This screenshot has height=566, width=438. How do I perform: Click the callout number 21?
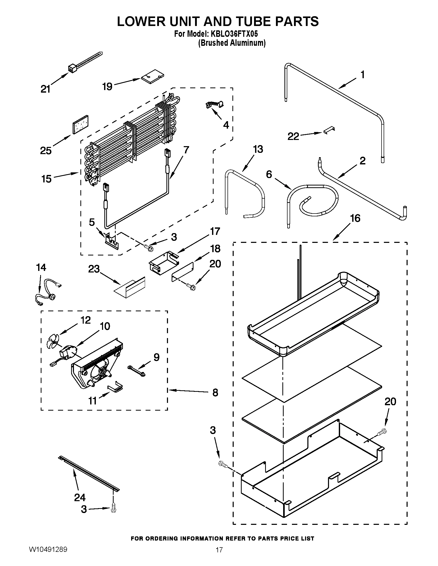[46, 89]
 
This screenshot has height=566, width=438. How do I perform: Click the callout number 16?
[355, 218]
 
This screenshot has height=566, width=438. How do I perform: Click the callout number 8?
[215, 392]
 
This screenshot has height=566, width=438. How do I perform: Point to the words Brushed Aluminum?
[232, 43]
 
